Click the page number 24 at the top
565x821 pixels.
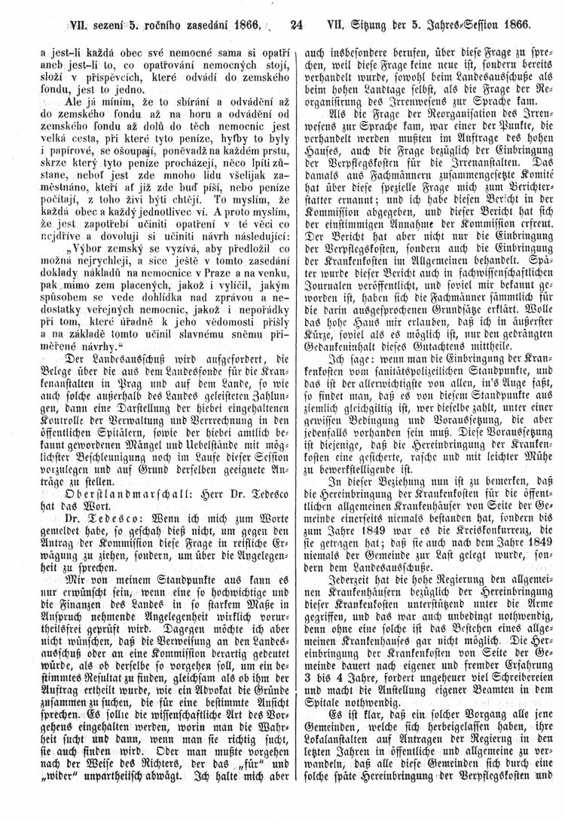coord(295,23)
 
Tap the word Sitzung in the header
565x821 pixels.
coord(373,23)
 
